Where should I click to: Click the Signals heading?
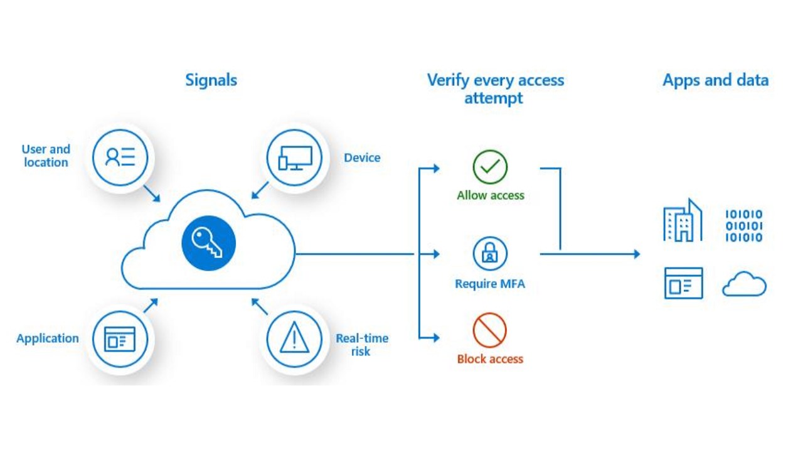211,80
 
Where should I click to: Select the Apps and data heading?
715,80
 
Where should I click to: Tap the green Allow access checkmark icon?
490,166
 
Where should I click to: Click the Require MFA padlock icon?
490,253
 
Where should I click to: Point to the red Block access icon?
490,331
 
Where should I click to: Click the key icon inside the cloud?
208,243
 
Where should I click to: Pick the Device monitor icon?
294,156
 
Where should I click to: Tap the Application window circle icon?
119,339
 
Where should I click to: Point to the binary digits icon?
744,225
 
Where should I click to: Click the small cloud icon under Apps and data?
744,285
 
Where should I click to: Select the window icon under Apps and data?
683,283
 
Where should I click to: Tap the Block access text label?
490,359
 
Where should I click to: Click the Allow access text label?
490,195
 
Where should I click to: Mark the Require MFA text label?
490,284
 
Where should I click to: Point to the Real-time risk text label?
362,345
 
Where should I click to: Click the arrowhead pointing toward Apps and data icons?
636,254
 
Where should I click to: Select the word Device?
362,158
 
